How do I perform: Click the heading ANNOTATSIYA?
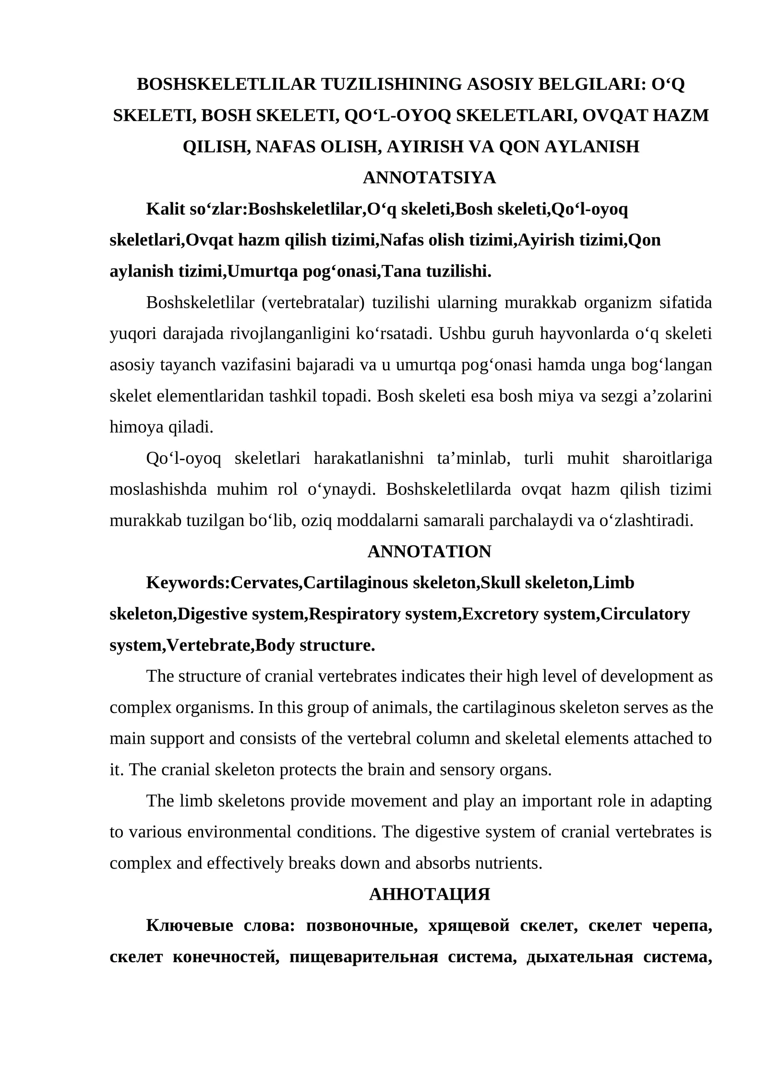coord(429,178)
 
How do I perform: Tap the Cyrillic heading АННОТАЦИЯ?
coord(429,894)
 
